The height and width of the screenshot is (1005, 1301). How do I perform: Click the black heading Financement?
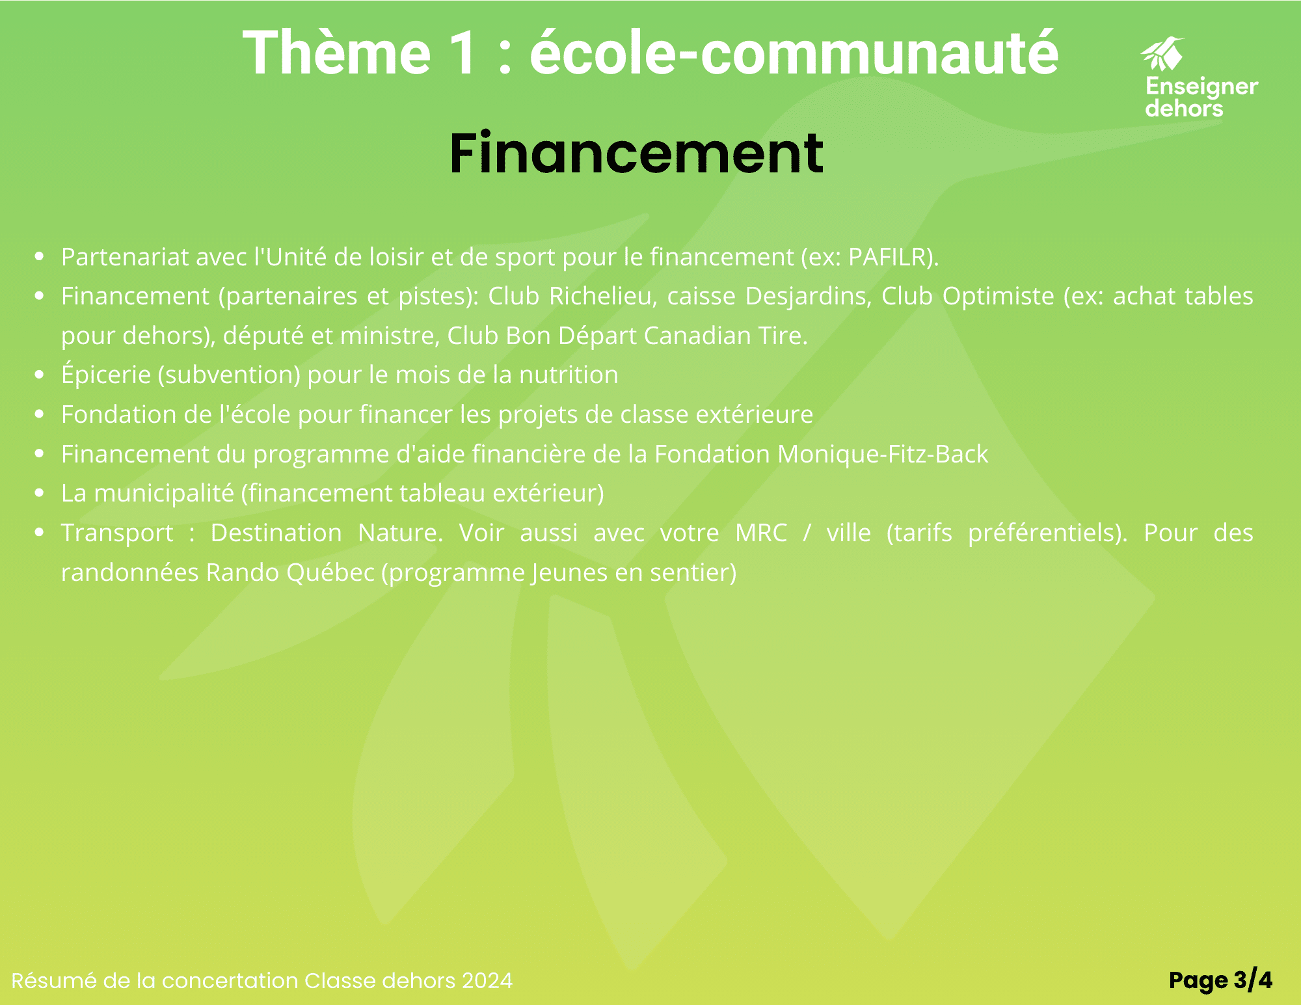coord(636,154)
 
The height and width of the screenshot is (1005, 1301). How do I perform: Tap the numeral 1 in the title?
coord(464,53)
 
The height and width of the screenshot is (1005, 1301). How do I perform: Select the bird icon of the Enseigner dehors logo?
coord(1163,54)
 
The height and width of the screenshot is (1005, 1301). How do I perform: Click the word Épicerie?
coord(106,375)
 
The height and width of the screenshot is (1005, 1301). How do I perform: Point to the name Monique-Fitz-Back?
coord(883,454)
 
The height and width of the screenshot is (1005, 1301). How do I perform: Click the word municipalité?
coord(164,494)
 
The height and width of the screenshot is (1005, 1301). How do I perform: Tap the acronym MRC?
coord(761,533)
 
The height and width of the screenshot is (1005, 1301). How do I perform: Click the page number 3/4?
coord(1253,980)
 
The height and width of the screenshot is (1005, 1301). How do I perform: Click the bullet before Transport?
coord(40,532)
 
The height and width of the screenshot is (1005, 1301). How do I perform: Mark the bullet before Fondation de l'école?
coord(40,414)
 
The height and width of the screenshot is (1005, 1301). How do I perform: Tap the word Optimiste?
coord(999,297)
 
